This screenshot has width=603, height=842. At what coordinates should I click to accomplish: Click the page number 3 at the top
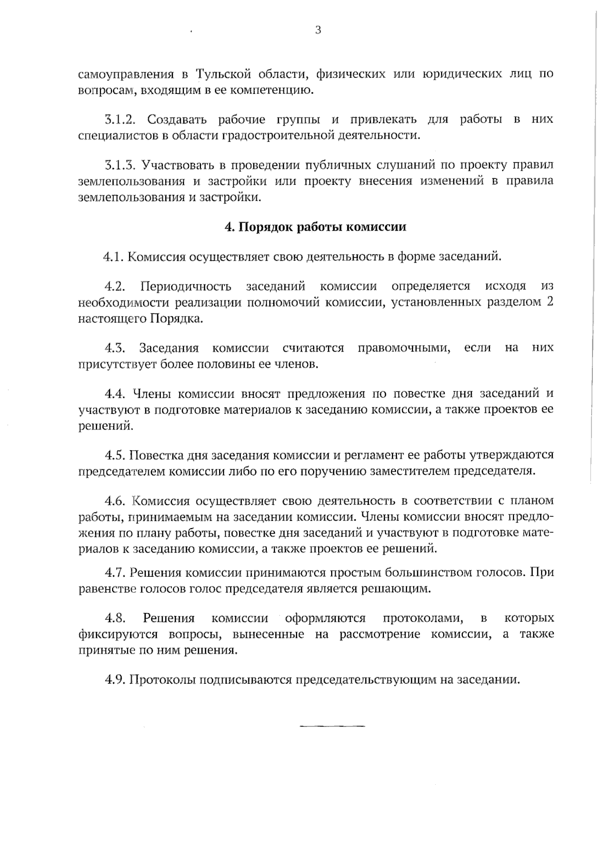318,30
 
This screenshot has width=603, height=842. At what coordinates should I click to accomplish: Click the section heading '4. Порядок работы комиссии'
315,227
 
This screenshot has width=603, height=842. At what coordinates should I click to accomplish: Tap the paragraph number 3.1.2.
121,120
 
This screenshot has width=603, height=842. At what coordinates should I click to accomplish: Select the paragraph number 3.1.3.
121,165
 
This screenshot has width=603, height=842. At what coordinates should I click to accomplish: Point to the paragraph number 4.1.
114,257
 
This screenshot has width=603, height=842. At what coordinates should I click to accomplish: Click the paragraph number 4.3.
115,348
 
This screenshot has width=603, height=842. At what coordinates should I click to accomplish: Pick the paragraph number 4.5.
115,455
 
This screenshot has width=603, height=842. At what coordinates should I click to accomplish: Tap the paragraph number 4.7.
115,572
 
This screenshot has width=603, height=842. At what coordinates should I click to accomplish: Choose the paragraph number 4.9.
115,680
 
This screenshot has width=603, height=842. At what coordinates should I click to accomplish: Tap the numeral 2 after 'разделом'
550,302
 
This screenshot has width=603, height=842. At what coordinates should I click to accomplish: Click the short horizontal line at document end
332,726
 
